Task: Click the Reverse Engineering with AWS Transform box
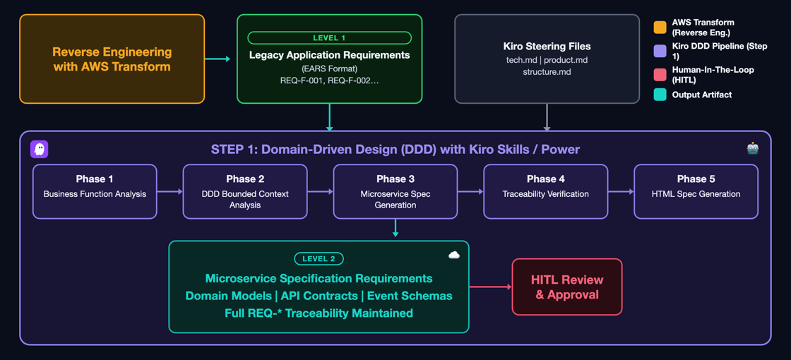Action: pyautogui.click(x=112, y=59)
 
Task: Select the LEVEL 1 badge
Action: pyautogui.click(x=329, y=38)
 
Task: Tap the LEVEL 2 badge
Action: pyautogui.click(x=319, y=258)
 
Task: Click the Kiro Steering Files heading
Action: pyautogui.click(x=547, y=47)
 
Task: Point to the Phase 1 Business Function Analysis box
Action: pyautogui.click(x=95, y=191)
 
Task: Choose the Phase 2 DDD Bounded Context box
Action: pyautogui.click(x=245, y=191)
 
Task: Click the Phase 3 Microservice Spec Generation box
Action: pyautogui.click(x=395, y=191)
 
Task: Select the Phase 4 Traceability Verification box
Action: pyautogui.click(x=546, y=191)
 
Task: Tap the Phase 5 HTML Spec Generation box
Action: pyautogui.click(x=696, y=191)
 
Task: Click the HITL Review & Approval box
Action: pyautogui.click(x=567, y=287)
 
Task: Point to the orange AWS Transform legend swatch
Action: pyautogui.click(x=660, y=28)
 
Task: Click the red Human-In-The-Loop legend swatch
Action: pyautogui.click(x=660, y=75)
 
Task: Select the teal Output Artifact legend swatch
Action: pyautogui.click(x=660, y=95)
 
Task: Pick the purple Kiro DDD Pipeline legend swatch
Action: pyautogui.click(x=660, y=51)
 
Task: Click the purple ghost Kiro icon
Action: pyautogui.click(x=40, y=149)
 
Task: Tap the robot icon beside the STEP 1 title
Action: pyautogui.click(x=752, y=148)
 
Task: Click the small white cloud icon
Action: pyautogui.click(x=454, y=255)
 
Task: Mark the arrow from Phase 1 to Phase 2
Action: pyautogui.click(x=170, y=191)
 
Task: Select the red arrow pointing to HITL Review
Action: pyautogui.click(x=491, y=287)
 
